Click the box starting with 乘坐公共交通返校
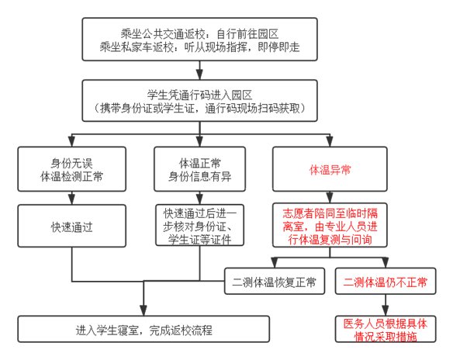point(199,40)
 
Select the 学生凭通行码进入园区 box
point(199,101)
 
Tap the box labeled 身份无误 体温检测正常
point(71,169)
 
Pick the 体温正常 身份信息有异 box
point(199,169)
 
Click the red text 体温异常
point(330,170)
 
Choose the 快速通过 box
point(71,226)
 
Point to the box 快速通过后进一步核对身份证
point(199,225)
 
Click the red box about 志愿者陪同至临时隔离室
point(330,225)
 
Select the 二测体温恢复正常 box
point(275,281)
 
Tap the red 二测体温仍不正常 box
point(386,281)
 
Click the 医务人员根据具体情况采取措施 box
point(386,329)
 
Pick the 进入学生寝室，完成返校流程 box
point(144,329)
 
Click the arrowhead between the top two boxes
point(199,74)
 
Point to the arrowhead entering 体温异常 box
point(330,141)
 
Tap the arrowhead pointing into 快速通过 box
point(71,199)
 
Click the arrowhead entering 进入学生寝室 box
point(144,310)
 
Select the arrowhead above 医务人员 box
point(386,310)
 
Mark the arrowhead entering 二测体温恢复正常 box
point(275,263)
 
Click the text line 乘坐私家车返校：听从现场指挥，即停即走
point(199,47)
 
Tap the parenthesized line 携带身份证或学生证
point(199,109)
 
